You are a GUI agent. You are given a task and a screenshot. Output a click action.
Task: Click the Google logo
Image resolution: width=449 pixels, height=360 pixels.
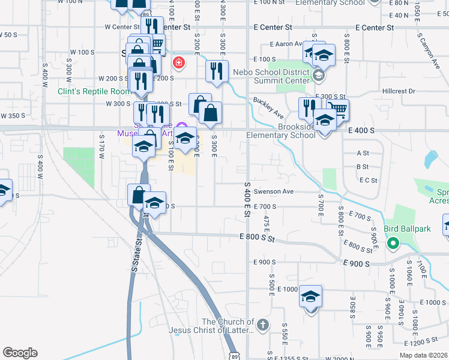coord(20,353)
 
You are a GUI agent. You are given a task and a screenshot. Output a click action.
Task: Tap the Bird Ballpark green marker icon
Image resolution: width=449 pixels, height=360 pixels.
coord(393,243)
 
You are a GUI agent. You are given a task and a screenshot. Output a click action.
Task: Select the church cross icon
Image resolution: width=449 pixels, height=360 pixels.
coord(262,325)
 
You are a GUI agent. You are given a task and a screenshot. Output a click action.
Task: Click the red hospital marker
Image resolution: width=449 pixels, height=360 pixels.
coord(178,62)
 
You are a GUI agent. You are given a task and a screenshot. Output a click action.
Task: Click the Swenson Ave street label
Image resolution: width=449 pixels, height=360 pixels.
coord(273,192)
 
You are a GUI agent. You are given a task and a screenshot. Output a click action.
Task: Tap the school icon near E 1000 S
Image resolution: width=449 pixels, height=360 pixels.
coord(311,298)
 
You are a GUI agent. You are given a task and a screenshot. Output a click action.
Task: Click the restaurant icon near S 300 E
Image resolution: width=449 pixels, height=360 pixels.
coord(216,71)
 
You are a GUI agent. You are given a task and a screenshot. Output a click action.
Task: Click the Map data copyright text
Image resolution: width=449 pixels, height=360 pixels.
coord(423,355)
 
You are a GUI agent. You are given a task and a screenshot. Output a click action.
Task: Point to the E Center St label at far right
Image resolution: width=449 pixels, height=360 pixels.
coord(374,28)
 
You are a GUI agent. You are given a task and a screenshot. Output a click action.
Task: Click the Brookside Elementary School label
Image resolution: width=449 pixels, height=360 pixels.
coord(281,131)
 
